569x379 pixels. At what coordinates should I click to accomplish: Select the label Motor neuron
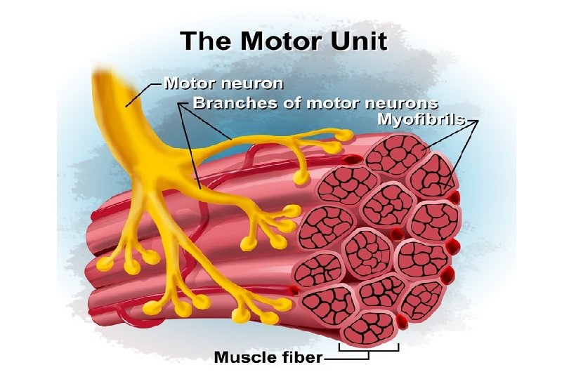click(x=223, y=84)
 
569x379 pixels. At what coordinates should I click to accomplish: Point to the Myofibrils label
click(x=421, y=120)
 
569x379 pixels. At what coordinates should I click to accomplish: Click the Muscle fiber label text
click(x=268, y=357)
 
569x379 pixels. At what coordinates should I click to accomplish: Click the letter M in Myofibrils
click(x=384, y=120)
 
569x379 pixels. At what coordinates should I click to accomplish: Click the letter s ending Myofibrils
click(x=461, y=120)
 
